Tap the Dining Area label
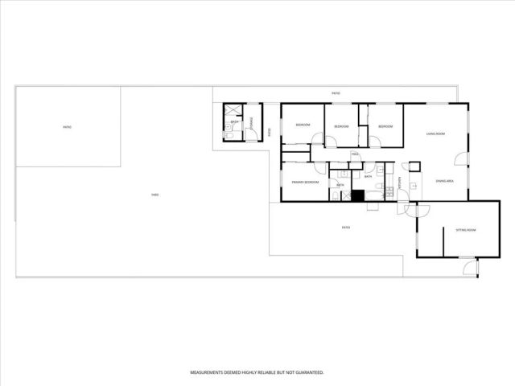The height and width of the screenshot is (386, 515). coord(445,182)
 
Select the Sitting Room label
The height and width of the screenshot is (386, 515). coord(466,230)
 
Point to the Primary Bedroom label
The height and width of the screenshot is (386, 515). coord(305,182)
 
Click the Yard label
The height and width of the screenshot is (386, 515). coord(154,195)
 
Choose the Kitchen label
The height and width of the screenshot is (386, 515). coord(401,189)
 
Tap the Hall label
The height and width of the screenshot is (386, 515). coord(354,154)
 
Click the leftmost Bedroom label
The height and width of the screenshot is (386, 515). coord(303,125)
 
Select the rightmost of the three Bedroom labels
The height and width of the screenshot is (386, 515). coord(385,126)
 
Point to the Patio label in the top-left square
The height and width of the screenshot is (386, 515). coord(68,127)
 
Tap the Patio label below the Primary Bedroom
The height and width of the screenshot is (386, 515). coord(346,228)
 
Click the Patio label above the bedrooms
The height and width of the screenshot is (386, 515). coord(336,93)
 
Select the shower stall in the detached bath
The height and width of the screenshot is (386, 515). coord(233,111)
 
